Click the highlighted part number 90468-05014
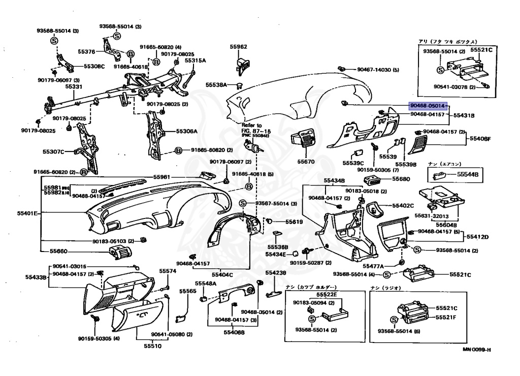(x=428, y=106)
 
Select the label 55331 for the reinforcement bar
(x=74, y=87)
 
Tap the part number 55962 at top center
(x=238, y=47)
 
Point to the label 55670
(x=306, y=162)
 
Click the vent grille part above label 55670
(x=305, y=140)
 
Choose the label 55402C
(x=403, y=206)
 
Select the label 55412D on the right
(x=477, y=237)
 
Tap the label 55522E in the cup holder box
(x=328, y=295)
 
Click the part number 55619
(x=294, y=222)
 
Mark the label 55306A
(x=186, y=131)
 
